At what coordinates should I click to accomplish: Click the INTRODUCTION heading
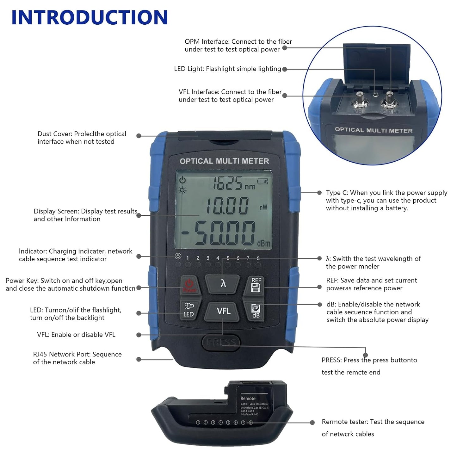(x=90, y=18)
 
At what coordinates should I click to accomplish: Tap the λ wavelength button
(x=223, y=283)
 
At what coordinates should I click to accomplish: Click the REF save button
(x=256, y=285)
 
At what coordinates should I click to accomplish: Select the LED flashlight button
(x=189, y=310)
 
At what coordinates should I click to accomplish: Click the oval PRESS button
(x=221, y=343)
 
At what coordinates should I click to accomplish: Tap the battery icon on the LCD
(x=262, y=181)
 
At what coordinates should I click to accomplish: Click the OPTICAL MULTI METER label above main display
(x=224, y=161)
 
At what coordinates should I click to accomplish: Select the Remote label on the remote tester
(x=248, y=398)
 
